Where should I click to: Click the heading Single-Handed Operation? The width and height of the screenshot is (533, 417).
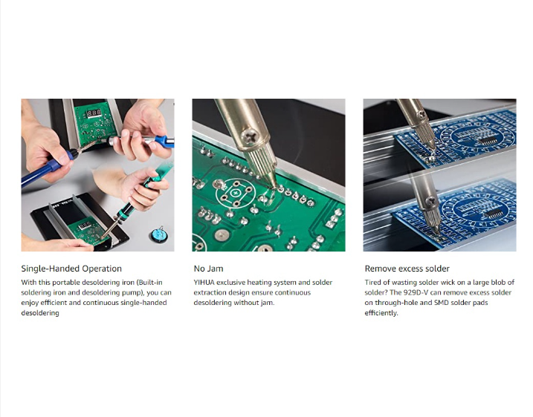[x=71, y=269]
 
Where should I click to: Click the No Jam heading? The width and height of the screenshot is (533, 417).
[x=208, y=269]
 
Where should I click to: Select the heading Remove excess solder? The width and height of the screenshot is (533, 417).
[x=407, y=269]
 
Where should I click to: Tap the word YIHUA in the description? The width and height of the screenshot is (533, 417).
[x=204, y=282]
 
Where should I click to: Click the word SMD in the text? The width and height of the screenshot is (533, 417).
[x=442, y=303]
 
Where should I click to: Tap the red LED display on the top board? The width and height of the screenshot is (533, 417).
[x=94, y=113]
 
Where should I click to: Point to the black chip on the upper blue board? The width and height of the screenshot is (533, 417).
[x=487, y=140]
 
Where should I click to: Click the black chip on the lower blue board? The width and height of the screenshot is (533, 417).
[x=493, y=214]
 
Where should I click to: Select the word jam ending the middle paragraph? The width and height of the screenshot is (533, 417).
[x=267, y=303]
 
